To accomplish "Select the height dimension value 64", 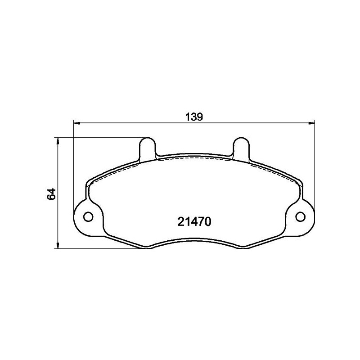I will pyautogui.click(x=51, y=193).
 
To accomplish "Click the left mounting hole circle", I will pyautogui.click(x=89, y=216).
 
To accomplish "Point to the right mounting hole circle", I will pyautogui.click(x=300, y=216).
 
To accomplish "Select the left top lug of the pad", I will pyautogui.click(x=148, y=146).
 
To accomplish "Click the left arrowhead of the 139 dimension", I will pyautogui.click(x=76, y=122).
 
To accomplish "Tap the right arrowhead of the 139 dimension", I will pyautogui.click(x=311, y=122).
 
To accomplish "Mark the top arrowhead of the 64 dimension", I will pyautogui.click(x=57, y=140).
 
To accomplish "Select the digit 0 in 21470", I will pyautogui.click(x=208, y=222).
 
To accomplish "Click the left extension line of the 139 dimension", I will pyautogui.click(x=73, y=171).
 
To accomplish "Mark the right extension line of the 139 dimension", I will pyautogui.click(x=314, y=171).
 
